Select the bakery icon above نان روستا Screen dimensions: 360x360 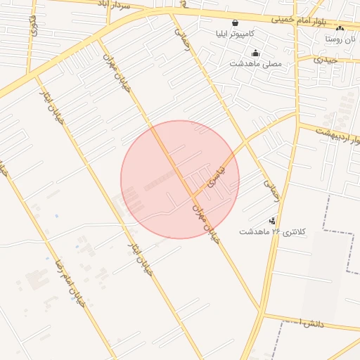(340, 29)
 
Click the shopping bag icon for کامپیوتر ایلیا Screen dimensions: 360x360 (235, 22)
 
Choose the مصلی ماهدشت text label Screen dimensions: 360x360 (255, 63)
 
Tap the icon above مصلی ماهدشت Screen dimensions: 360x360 (255, 53)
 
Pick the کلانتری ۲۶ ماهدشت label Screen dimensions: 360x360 (269, 231)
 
